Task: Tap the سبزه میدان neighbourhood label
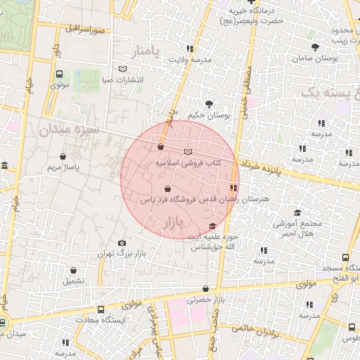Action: tap(69, 130)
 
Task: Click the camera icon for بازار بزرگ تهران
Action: tap(122, 243)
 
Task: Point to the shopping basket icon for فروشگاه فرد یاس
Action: tap(167, 189)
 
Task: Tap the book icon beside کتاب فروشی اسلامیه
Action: tap(187, 151)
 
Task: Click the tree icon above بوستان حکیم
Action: tap(208, 104)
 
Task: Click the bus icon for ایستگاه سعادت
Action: tap(101, 309)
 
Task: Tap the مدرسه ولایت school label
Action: tap(189, 60)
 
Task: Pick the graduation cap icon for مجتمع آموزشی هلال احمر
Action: tap(297, 213)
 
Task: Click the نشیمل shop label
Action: tap(73, 280)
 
